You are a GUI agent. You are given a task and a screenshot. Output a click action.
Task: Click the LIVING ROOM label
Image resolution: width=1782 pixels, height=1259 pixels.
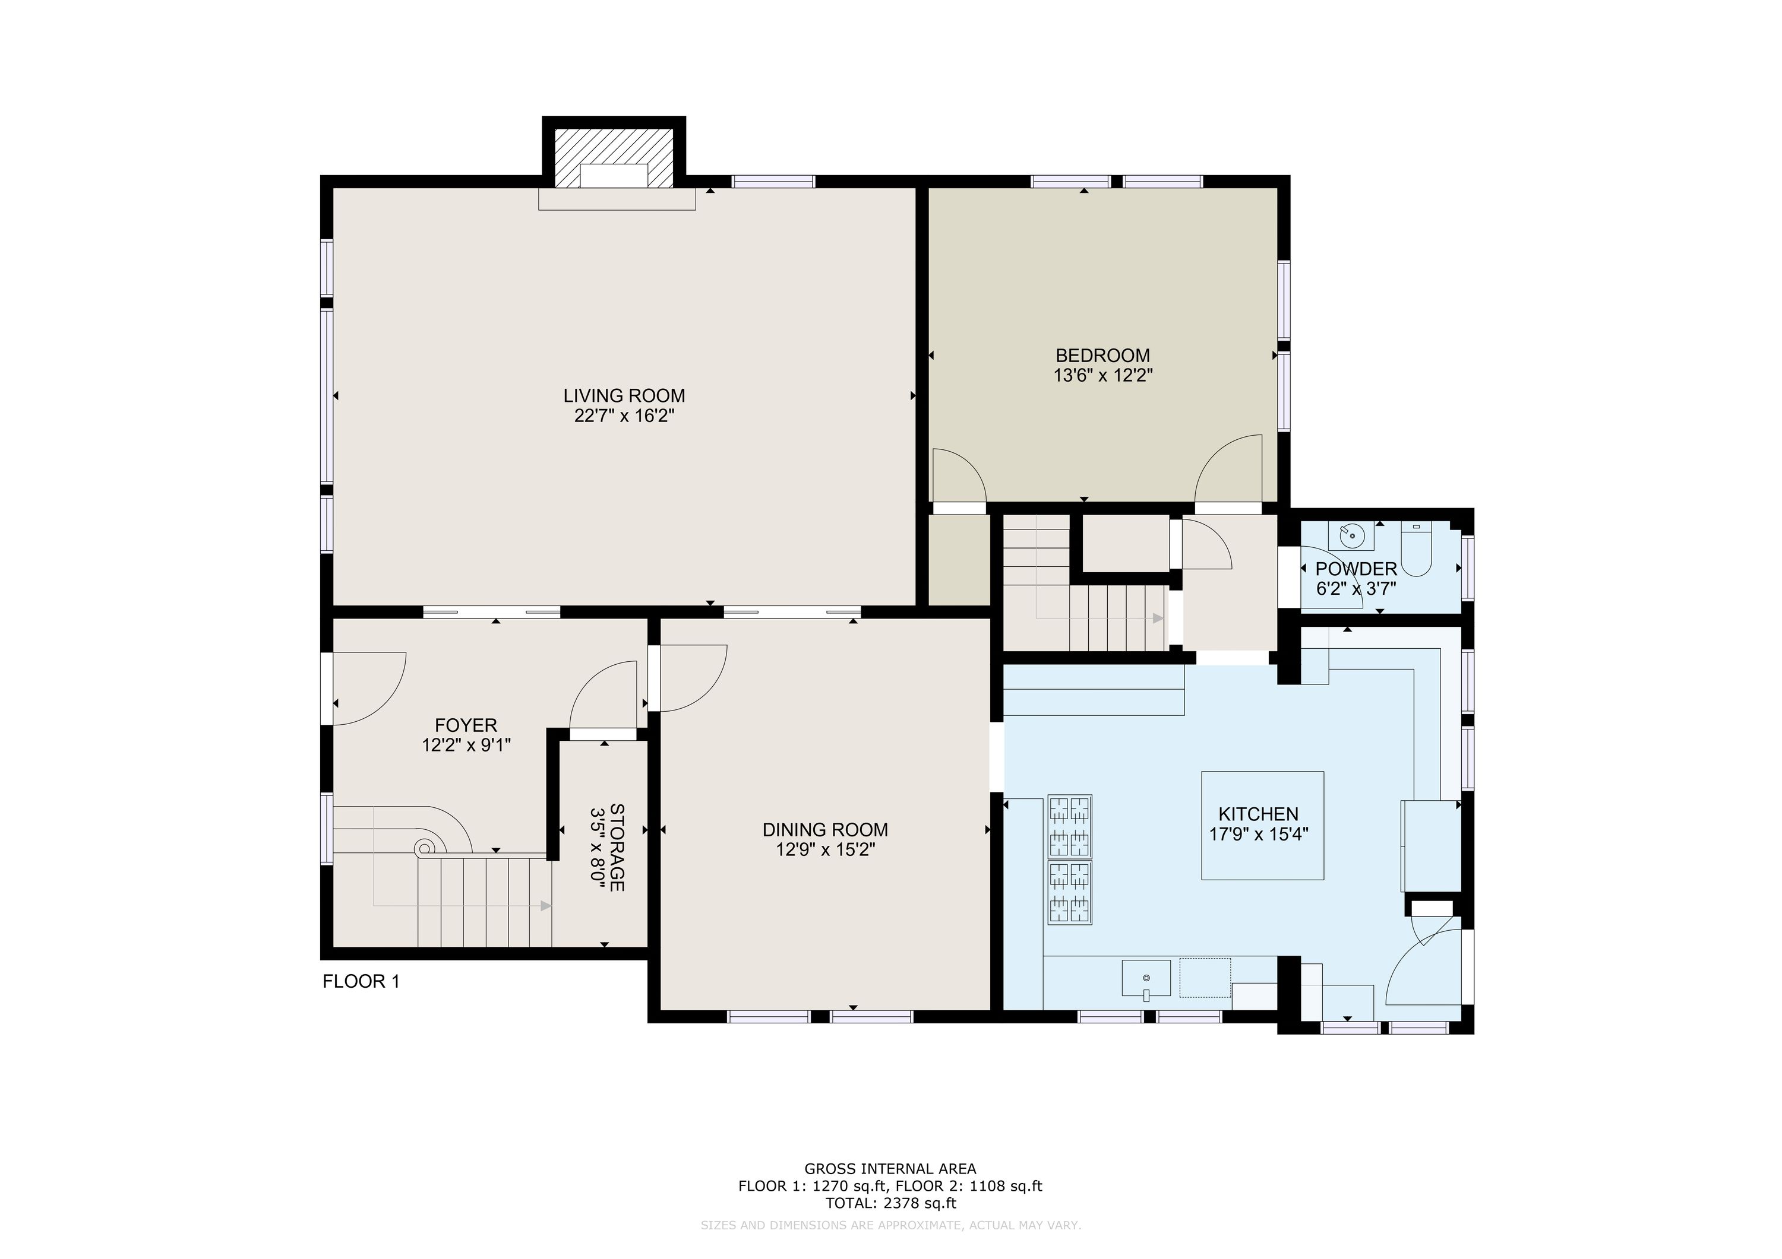pos(624,395)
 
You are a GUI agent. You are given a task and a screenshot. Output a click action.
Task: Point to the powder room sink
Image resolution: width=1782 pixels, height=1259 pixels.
pos(1351,534)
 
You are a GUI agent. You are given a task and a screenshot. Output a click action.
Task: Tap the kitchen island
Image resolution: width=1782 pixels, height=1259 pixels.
pos(1262,825)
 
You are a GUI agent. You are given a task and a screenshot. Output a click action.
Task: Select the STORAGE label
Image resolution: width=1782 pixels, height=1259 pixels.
pos(618,847)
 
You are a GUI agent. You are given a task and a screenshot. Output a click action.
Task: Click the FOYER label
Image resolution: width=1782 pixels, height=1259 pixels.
pos(466,725)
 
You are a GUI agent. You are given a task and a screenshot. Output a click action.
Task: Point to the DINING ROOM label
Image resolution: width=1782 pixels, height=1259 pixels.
pos(825,830)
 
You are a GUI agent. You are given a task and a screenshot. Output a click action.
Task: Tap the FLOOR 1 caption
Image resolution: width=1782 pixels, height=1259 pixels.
pos(361,981)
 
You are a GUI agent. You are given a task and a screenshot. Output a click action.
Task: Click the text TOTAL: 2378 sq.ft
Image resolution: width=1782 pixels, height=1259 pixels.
pos(890,1203)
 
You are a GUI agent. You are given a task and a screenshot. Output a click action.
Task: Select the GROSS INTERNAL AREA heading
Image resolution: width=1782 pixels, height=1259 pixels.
pos(890,1168)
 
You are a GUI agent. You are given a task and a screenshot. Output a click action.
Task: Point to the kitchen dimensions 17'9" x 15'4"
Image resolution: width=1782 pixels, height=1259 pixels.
pos(1259,834)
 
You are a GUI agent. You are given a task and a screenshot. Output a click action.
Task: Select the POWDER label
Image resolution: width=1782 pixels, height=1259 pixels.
pos(1356,569)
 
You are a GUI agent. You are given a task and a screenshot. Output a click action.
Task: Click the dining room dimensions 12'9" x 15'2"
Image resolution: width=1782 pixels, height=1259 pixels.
pos(826,849)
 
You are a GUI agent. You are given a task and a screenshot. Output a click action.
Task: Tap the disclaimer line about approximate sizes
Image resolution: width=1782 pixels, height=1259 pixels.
pos(890,1225)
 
